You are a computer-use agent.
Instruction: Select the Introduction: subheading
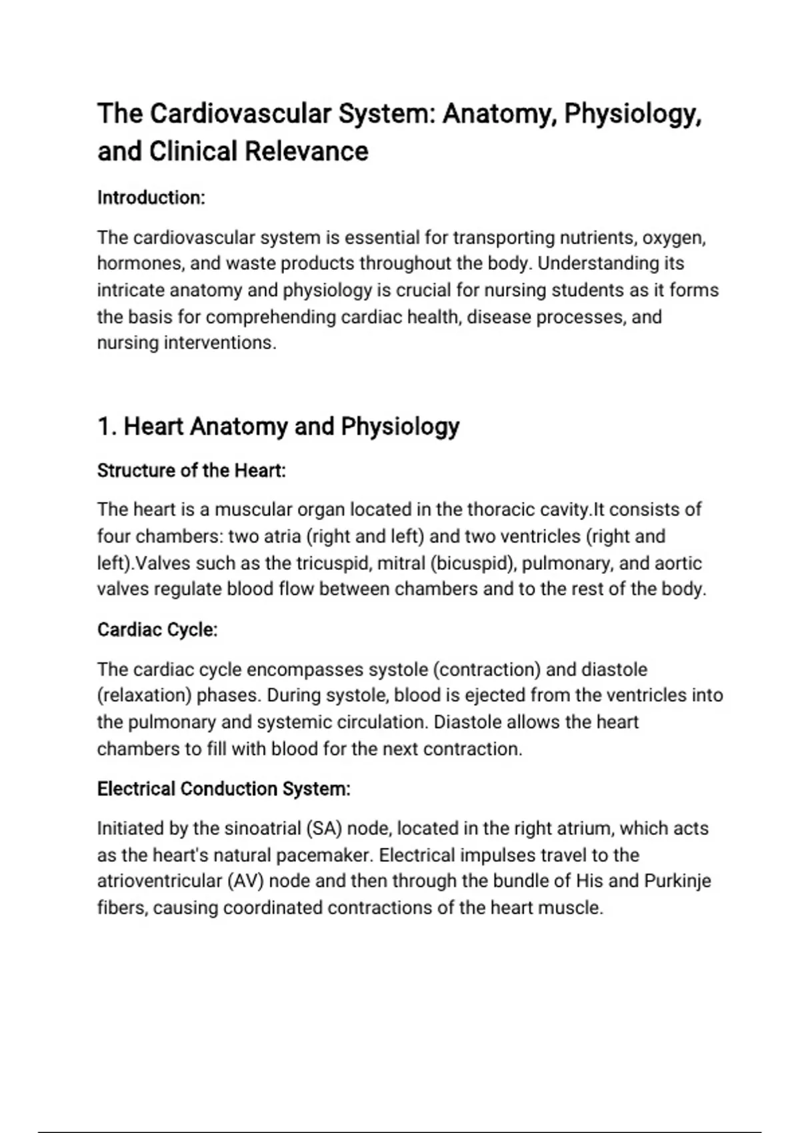(151, 198)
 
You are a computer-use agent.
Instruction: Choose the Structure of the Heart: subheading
(191, 471)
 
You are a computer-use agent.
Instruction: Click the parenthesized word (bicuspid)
(473, 563)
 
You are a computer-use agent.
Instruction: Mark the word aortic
(678, 563)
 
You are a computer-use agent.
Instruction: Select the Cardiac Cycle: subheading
(157, 630)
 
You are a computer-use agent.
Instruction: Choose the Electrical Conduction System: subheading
(223, 789)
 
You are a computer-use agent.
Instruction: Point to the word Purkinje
(677, 881)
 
